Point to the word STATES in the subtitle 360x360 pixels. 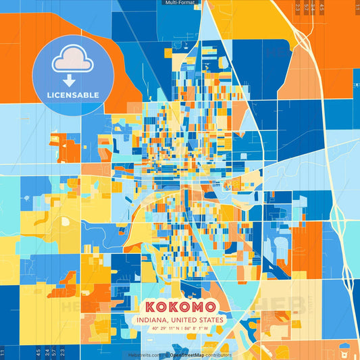[211, 319]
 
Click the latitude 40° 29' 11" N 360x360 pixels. [164, 329]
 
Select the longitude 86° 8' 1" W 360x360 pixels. [197, 329]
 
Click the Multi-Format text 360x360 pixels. [179, 3]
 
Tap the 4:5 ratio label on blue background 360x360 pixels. [38, 352]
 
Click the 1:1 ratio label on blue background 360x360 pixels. [3, 353]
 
